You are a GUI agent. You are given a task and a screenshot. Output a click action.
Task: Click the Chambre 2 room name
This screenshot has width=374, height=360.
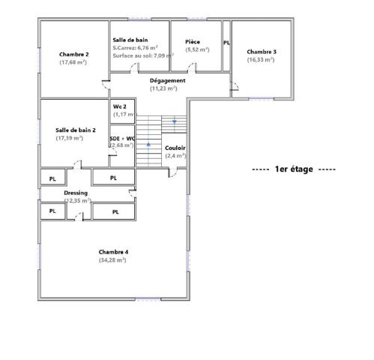pos(74,54)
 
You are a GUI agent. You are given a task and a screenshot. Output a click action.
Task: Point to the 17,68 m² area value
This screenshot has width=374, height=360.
pos(73,62)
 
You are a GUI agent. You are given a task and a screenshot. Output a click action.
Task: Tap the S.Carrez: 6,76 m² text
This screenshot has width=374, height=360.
pos(135,47)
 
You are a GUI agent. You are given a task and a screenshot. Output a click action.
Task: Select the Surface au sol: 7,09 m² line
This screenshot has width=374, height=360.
pos(138,55)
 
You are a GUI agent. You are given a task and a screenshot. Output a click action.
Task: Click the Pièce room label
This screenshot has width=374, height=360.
pos(193,42)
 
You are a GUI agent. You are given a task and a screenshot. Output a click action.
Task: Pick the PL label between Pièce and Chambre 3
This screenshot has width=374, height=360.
pos(226,43)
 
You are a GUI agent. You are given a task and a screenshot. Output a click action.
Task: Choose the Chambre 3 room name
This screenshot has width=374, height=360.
pos(262,51)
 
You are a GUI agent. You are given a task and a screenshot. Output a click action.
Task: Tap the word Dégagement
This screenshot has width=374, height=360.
pos(167,80)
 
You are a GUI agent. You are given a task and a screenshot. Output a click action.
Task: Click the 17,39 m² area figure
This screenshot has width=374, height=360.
pos(69,138)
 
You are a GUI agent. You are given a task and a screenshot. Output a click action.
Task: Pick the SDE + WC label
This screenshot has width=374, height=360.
pos(122,139)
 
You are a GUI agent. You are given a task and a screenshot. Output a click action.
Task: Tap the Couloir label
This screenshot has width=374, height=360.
pos(175,148)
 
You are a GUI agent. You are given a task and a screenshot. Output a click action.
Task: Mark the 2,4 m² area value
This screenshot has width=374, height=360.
pos(175,156)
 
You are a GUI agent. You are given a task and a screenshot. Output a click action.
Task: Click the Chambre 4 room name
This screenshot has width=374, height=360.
pos(113,251)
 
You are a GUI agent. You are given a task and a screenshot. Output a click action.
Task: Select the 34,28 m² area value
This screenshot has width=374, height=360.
pos(112,259)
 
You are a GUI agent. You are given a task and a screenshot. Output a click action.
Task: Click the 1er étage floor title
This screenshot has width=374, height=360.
pos(294,169)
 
